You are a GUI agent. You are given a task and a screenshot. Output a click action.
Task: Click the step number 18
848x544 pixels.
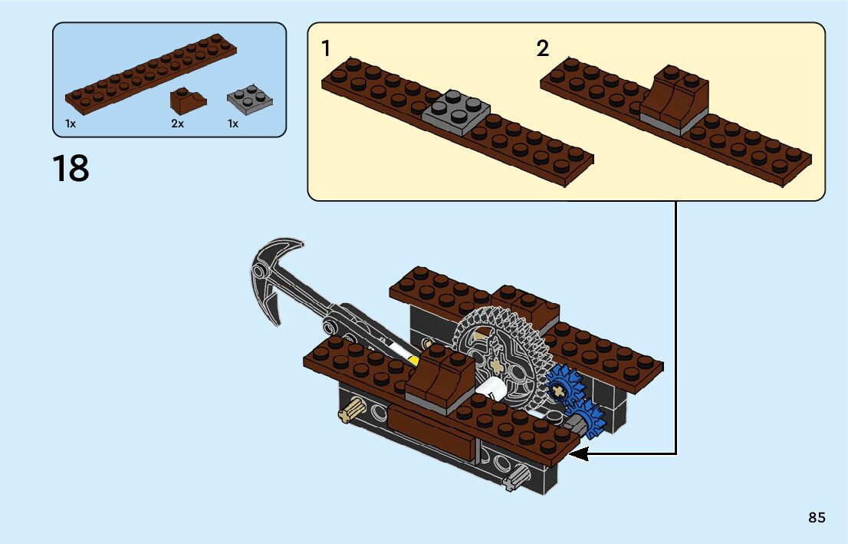(71, 169)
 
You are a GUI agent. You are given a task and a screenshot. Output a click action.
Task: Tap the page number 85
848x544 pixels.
(817, 518)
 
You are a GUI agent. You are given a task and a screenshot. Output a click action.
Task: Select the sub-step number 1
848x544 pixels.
(326, 49)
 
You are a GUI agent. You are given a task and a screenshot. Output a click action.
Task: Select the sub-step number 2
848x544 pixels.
(543, 49)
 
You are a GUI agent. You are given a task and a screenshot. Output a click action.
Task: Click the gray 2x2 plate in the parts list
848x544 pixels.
(251, 100)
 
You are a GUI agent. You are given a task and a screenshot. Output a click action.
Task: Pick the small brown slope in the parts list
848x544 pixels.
(187, 101)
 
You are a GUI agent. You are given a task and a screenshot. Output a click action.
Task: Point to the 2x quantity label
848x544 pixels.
(178, 124)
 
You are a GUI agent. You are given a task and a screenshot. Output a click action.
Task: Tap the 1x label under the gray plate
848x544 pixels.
(233, 124)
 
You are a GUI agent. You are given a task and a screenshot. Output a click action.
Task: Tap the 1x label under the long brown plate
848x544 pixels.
(71, 124)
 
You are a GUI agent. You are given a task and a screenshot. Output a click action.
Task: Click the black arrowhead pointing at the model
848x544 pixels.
(579, 454)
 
